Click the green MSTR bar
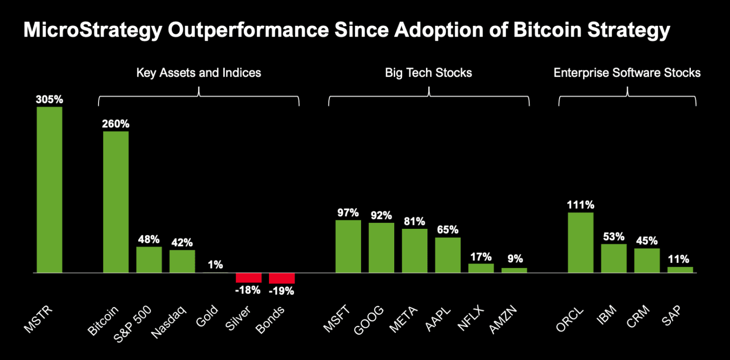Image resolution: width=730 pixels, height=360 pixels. coord(50,190)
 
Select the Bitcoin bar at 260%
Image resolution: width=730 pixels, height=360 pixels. coord(116,202)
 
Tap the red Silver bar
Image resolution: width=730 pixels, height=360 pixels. coord(249,278)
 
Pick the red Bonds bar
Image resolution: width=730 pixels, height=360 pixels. coord(282,278)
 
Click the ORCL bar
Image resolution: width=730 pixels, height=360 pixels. coord(580,243)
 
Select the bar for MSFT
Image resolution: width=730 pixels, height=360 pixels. coord(348,246)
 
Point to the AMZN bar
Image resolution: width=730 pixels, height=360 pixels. coord(514,270)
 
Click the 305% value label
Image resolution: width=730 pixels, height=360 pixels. coord(50,100)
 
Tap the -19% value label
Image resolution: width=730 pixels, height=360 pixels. coord(282,291)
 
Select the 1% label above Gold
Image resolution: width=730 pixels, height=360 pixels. coord(215,265)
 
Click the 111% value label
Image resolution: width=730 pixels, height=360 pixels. coord(580,205)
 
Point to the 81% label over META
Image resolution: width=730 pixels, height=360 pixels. coord(415,221)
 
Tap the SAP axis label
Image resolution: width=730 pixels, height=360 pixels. coord(673,317)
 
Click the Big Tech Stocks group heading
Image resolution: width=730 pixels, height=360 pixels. coord(428,73)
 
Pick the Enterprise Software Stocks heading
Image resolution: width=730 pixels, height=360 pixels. coord(627,73)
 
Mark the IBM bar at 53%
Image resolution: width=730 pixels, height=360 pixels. coord(614,258)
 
